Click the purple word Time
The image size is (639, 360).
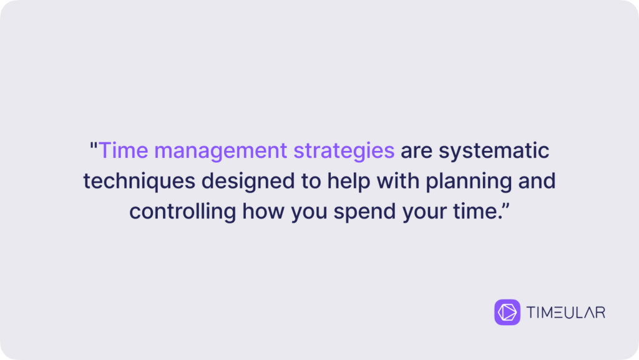point(124,150)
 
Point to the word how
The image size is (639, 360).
point(263,212)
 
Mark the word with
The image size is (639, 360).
point(398,181)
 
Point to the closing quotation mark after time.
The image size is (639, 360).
point(505,206)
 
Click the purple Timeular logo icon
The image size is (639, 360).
point(507,313)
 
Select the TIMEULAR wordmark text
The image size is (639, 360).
point(566,313)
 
